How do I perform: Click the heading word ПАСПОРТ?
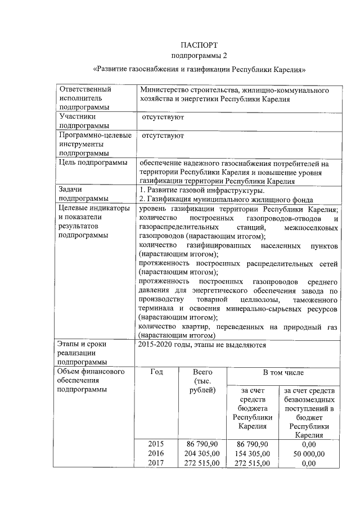click(199, 45)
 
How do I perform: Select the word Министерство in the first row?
click(163, 90)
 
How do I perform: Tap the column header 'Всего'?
click(202, 372)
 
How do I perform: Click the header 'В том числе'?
click(283, 372)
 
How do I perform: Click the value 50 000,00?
click(309, 453)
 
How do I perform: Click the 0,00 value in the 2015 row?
click(309, 444)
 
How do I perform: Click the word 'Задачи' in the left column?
click(71, 191)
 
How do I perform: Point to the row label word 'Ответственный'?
click(85, 90)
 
